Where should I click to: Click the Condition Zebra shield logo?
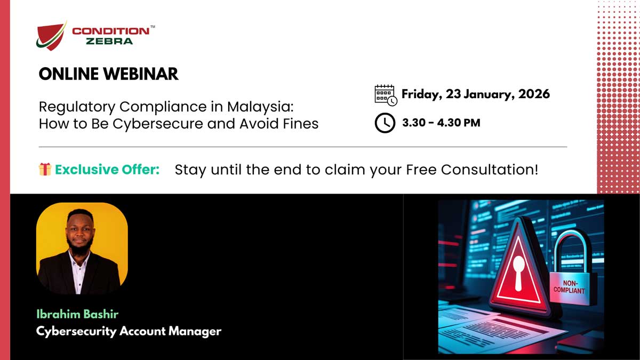(52, 36)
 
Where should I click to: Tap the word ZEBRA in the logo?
(109, 41)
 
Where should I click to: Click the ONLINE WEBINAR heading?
(108, 74)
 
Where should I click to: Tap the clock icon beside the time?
(385, 123)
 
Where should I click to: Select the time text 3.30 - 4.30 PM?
(441, 123)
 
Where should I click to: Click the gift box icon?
(45, 170)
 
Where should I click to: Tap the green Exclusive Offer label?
(107, 170)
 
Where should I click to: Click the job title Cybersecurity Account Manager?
(129, 331)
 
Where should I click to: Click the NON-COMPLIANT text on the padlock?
(569, 287)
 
